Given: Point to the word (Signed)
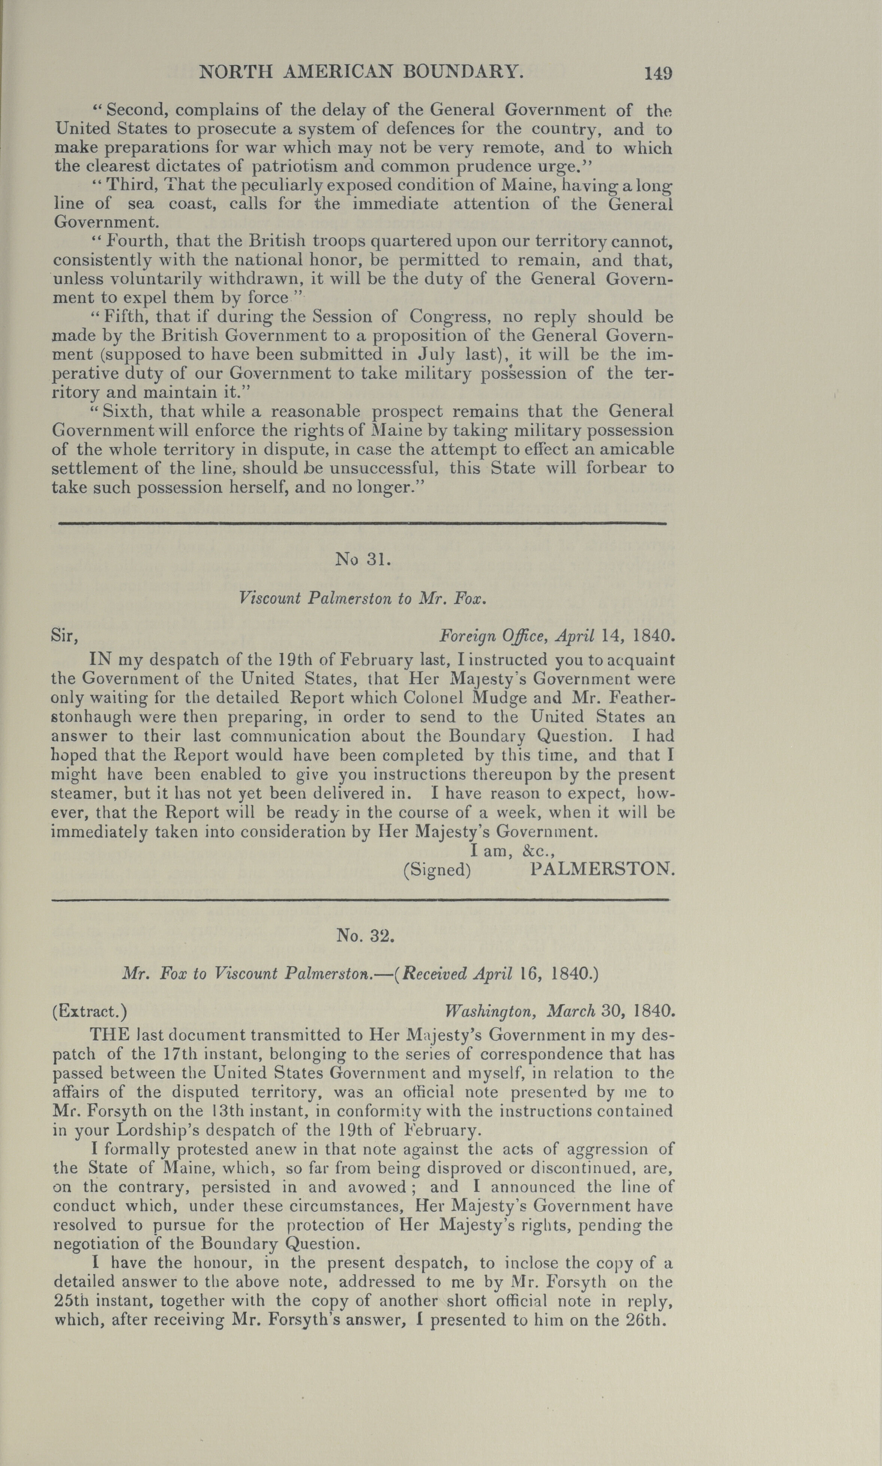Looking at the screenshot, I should coord(437,870).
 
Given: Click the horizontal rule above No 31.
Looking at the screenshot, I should coord(362,523).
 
